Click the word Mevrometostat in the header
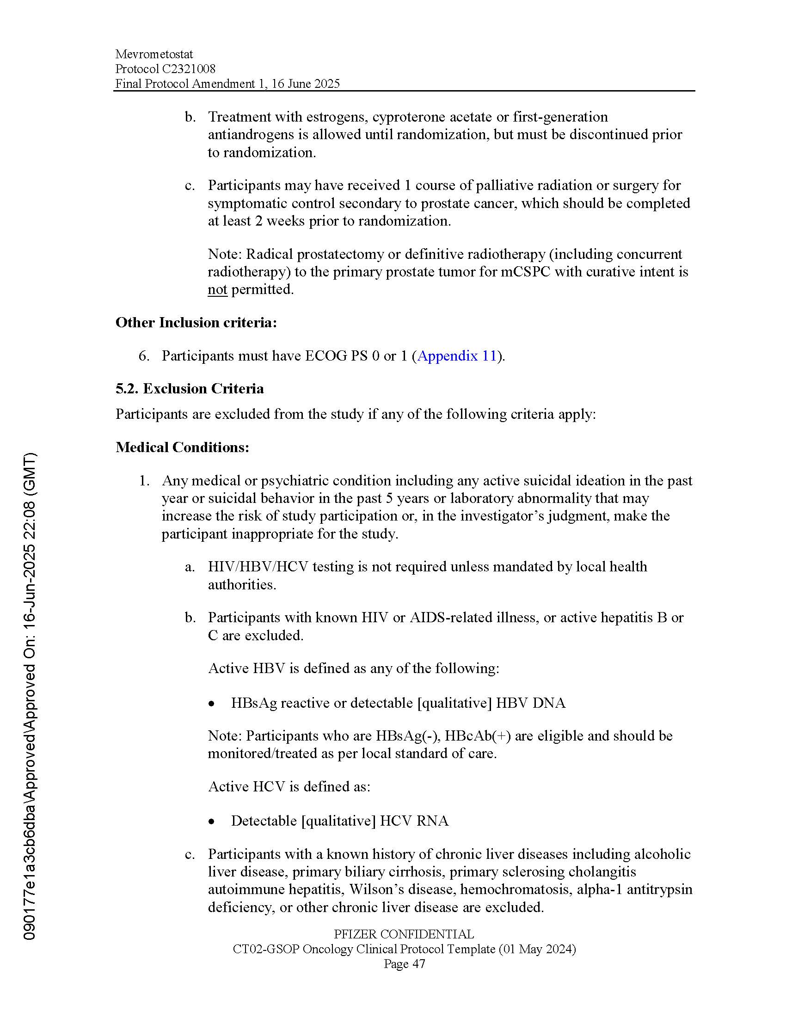coord(154,55)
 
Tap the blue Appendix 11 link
coord(457,356)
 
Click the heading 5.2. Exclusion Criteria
coord(190,388)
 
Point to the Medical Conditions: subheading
coord(182,447)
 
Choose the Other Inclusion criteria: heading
coord(196,322)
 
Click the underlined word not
coord(217,290)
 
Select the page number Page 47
coord(404,964)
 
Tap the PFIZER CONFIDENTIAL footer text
coord(404,934)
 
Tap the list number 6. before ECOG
coord(144,356)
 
